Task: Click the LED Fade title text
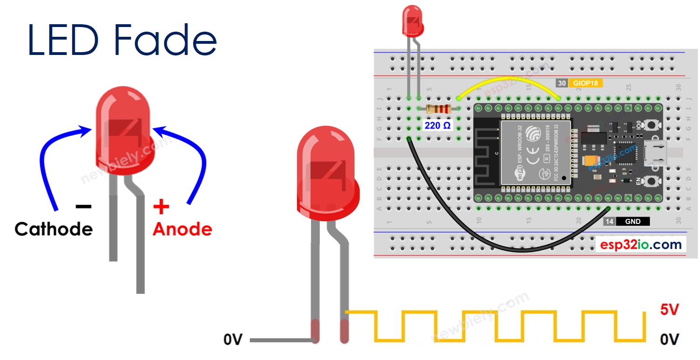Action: pyautogui.click(x=122, y=41)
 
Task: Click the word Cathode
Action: pyautogui.click(x=54, y=229)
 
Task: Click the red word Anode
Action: pyautogui.click(x=182, y=229)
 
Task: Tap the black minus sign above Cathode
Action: pyautogui.click(x=84, y=206)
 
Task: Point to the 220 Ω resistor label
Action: pyautogui.click(x=437, y=126)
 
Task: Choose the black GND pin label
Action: pyautogui.click(x=633, y=222)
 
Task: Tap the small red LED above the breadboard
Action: pyautogui.click(x=413, y=21)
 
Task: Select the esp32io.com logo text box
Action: pyautogui.click(x=641, y=245)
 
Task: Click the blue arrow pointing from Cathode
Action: pyautogui.click(x=49, y=158)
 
